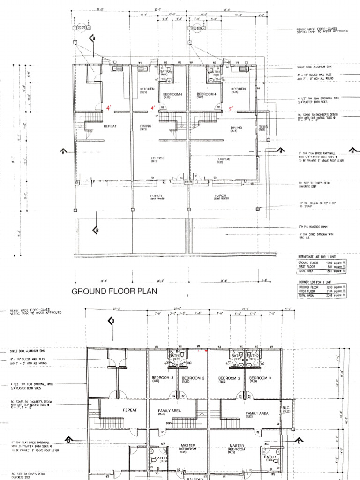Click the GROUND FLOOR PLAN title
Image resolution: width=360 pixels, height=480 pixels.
[114, 292]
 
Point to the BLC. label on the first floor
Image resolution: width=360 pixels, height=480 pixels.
[286, 408]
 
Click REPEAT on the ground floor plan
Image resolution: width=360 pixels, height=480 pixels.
[110, 126]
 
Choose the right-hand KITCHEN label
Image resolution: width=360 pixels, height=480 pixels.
[238, 89]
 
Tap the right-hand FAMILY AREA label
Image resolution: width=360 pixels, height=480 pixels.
[257, 413]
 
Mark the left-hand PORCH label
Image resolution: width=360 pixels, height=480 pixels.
[156, 195]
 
